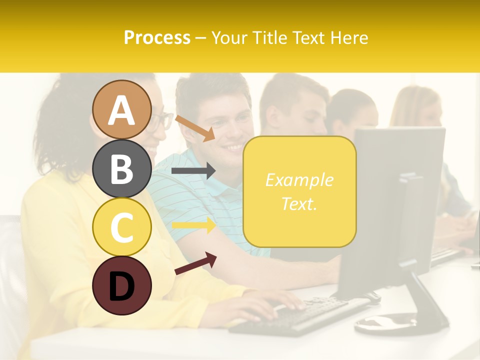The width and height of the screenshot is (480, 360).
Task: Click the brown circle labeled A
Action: tap(122, 109)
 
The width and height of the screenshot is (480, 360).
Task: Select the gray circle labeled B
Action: tap(122, 168)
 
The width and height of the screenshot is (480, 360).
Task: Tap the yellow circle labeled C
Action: tap(122, 227)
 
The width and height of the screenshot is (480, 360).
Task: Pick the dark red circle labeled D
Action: tap(122, 285)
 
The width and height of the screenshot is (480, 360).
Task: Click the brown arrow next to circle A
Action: tap(195, 128)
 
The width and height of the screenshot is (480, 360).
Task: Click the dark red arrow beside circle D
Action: tap(195, 263)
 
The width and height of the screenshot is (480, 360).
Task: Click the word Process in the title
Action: tap(157, 37)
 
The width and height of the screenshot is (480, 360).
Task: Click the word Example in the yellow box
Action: tap(299, 180)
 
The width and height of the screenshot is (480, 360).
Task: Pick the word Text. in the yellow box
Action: tap(299, 204)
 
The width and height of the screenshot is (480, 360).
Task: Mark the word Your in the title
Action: tap(230, 37)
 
